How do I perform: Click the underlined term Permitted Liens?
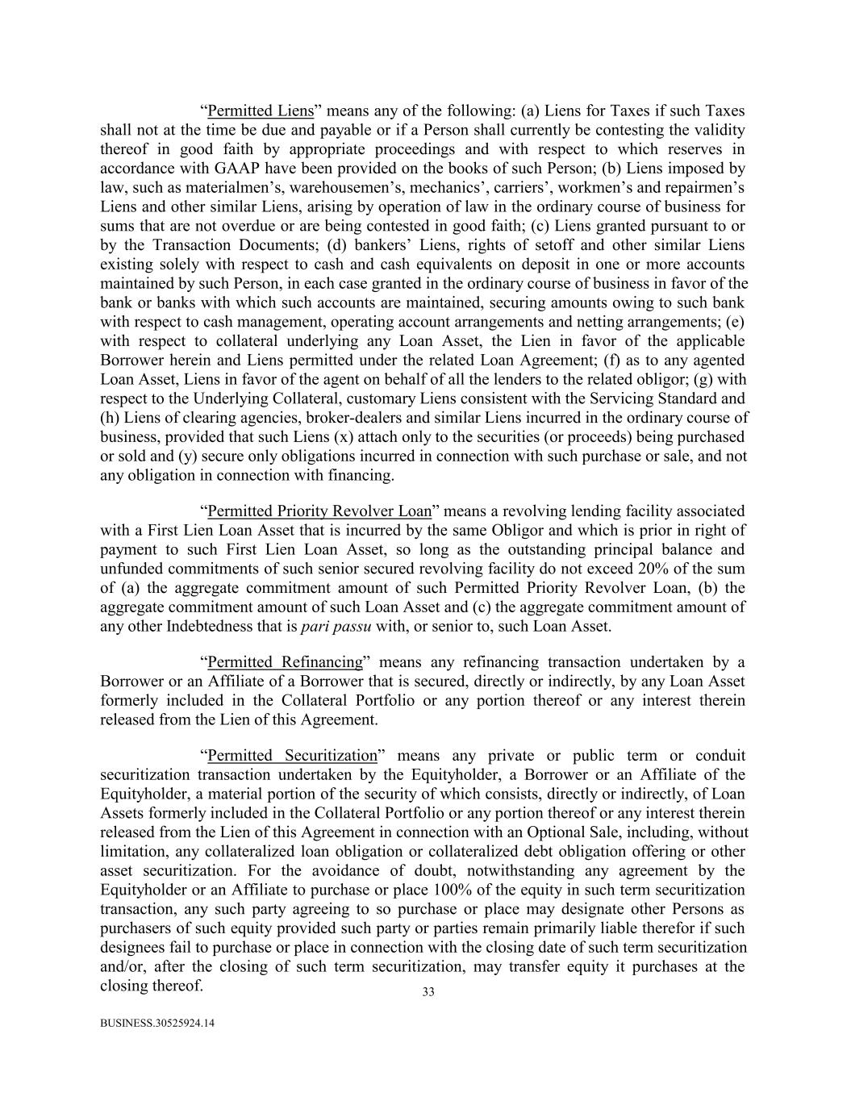[261, 111]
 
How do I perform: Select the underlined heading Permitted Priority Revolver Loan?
[319, 511]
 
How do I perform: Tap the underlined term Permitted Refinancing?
[286, 662]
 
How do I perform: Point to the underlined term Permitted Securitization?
[292, 756]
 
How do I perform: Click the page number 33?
[428, 992]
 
